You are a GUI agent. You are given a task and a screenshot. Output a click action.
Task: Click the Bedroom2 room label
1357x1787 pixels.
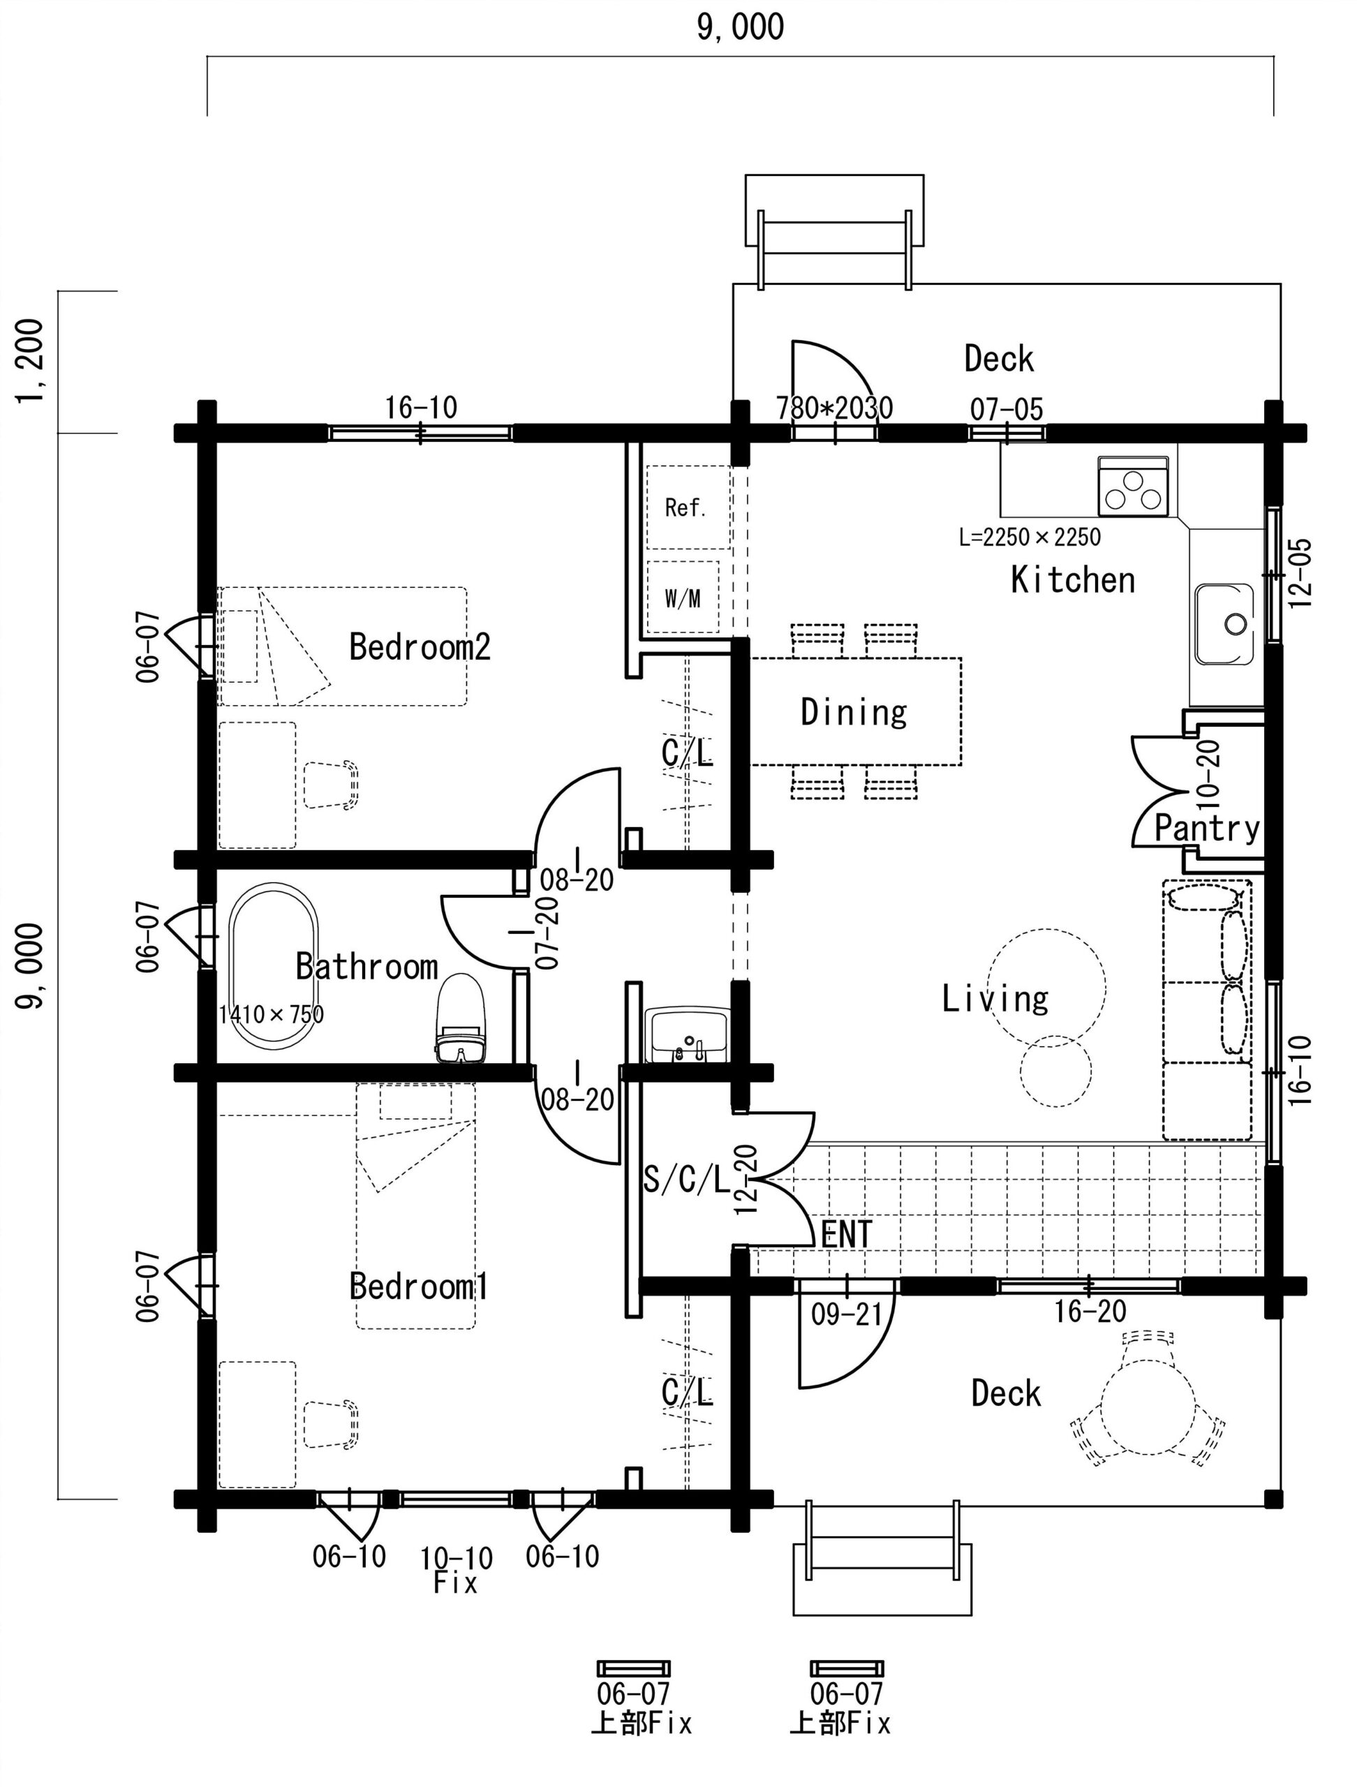[420, 646]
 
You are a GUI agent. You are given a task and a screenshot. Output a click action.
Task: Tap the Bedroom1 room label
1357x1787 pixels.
[420, 1285]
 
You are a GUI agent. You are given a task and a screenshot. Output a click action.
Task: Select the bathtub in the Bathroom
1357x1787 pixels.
[274, 966]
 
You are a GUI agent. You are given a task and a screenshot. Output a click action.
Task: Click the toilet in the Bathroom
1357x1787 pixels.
[461, 1018]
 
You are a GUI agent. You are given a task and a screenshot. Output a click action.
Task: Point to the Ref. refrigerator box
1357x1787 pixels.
[688, 507]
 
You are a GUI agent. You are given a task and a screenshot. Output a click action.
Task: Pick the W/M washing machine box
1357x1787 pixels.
[683, 598]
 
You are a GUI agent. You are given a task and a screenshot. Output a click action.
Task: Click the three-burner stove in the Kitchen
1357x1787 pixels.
[1133, 487]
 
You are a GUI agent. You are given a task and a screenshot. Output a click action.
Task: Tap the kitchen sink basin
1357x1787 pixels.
[1224, 625]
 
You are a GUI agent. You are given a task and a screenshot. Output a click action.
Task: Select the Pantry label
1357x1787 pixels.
[1207, 828]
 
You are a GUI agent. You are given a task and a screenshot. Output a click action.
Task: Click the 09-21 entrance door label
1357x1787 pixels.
[847, 1314]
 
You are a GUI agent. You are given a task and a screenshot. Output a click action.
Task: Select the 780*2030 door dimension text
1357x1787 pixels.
[835, 408]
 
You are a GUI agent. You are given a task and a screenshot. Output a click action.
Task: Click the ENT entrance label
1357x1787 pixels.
[847, 1234]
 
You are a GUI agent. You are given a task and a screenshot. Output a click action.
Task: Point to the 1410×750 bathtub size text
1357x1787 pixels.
[272, 1013]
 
